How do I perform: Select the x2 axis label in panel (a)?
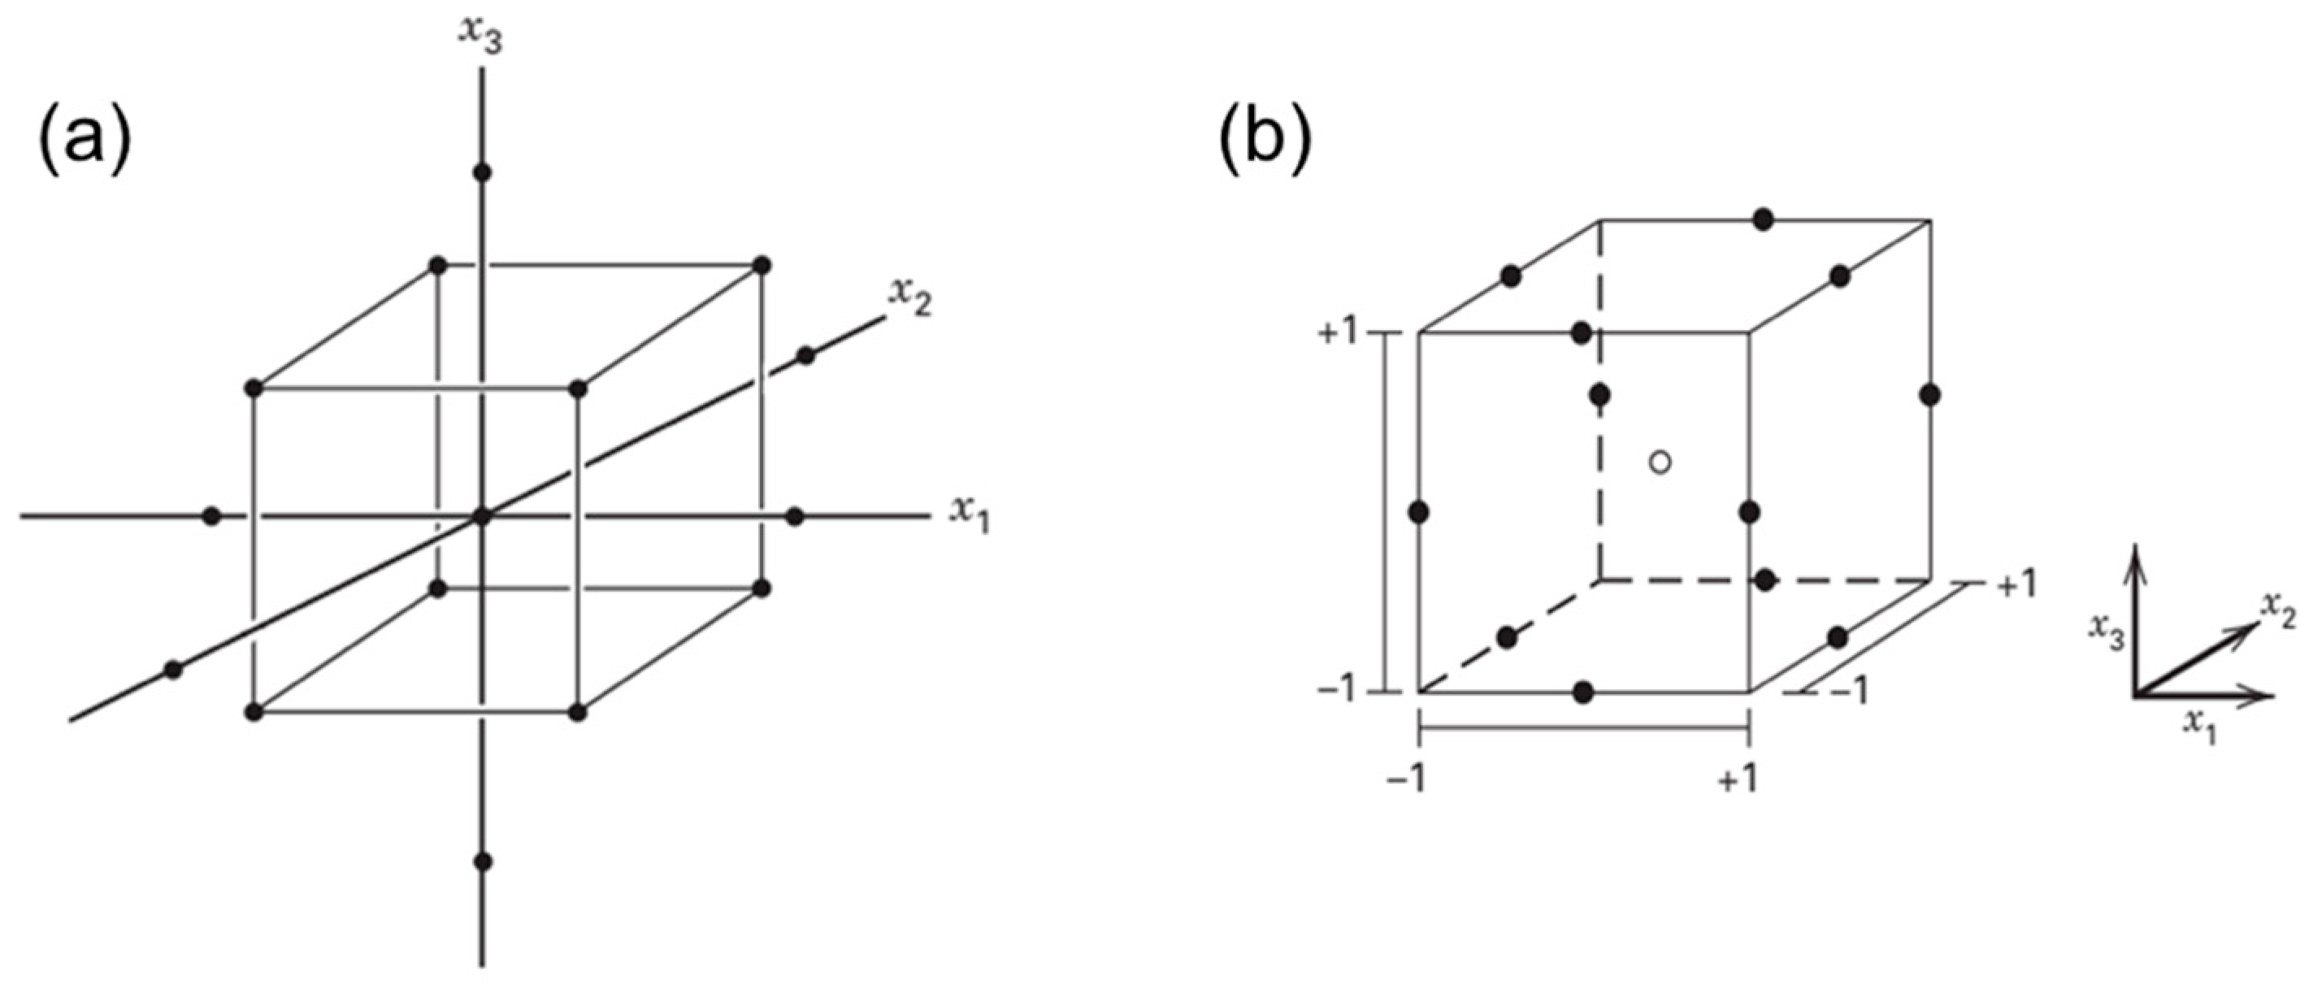[x=909, y=297]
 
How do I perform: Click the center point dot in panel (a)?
[x=483, y=516]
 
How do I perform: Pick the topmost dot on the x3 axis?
[x=483, y=172]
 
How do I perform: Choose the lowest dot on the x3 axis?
[x=483, y=862]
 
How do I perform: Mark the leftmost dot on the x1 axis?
[x=212, y=516]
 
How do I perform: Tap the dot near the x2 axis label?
[x=805, y=355]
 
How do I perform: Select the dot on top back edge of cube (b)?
[x=1764, y=219]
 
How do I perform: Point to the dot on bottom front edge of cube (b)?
[x=1583, y=692]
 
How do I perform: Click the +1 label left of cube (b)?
[x=1339, y=334]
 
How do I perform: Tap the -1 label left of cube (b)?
[x=1339, y=692]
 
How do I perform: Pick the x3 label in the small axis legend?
[x=2106, y=633]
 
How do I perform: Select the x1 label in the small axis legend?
[x=2200, y=723]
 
